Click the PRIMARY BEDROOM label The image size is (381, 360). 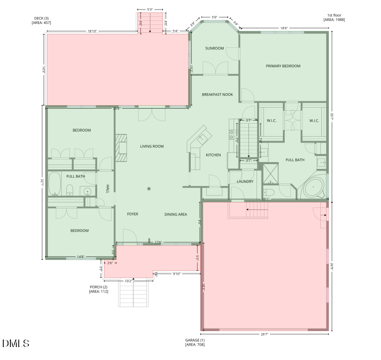tap(283, 66)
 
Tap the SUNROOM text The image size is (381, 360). tap(214, 48)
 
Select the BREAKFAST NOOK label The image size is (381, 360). tap(217, 94)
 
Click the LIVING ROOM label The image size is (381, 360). tap(151, 146)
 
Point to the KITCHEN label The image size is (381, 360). tap(213, 155)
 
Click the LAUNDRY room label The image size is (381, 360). tap(245, 181)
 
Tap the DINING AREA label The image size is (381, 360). tap(176, 214)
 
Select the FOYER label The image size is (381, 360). tap(132, 214)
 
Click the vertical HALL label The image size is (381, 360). tap(107, 188)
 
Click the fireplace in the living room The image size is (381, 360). tap(121, 148)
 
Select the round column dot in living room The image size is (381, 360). tap(148, 188)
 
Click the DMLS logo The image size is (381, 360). tap(15, 344)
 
